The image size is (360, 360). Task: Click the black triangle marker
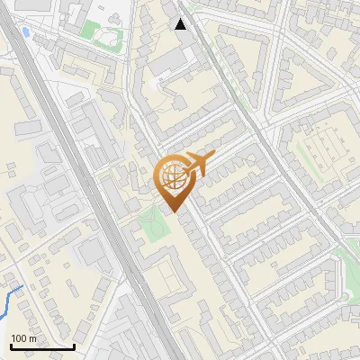181,24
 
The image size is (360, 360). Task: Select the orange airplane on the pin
199,164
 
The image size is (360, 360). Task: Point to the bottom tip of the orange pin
172,213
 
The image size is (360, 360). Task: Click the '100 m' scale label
23,338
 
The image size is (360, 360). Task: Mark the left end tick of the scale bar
10,346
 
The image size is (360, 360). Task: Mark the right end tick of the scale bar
74,346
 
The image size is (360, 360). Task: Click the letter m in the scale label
32,338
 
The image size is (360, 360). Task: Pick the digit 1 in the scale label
13,338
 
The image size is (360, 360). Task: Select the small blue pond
25,32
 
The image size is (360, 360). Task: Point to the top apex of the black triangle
181,19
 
